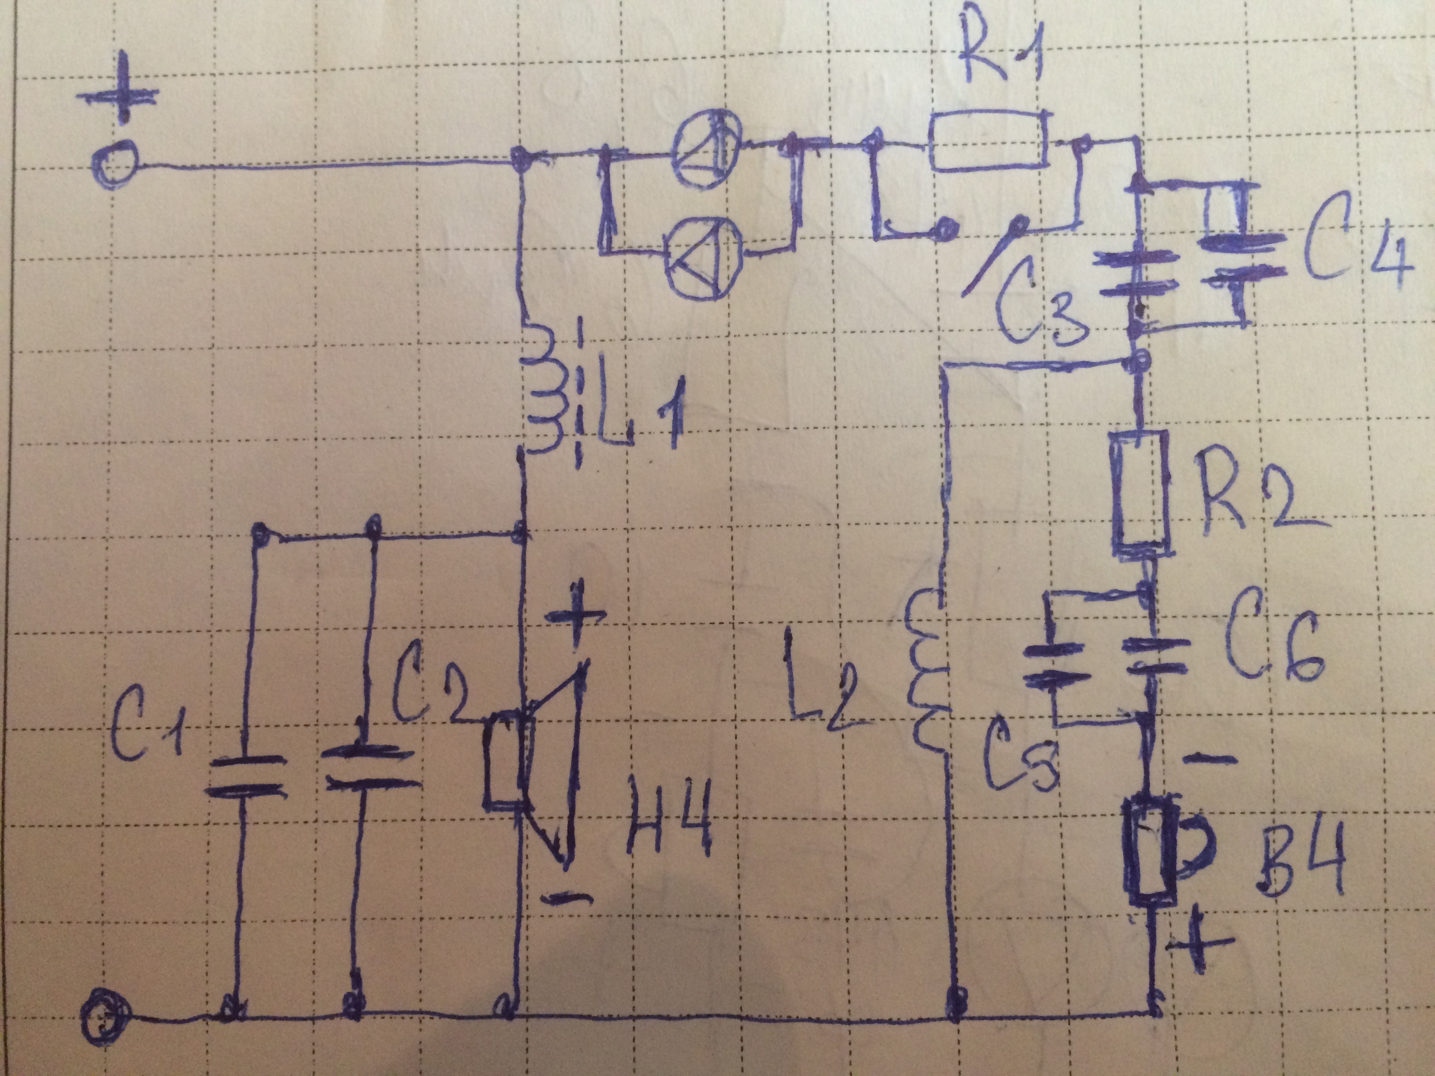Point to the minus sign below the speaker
(x=566, y=898)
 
